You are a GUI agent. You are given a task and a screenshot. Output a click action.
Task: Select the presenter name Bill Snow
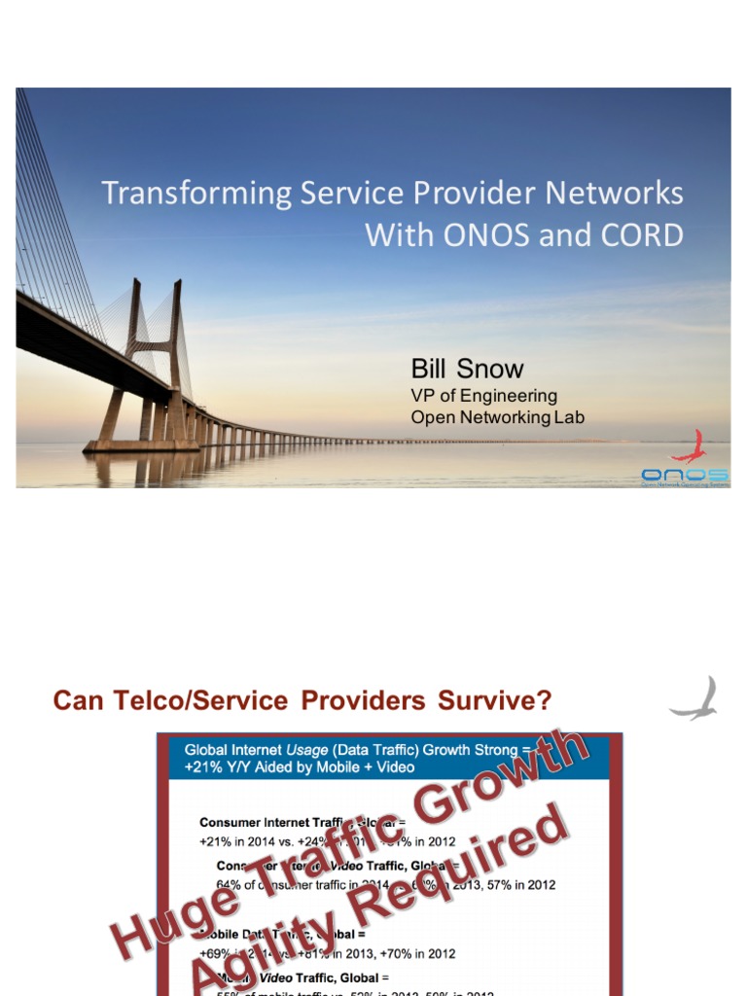[x=467, y=369]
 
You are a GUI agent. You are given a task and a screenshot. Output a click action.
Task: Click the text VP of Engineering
[x=483, y=396]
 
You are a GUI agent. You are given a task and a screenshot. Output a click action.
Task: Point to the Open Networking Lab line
[x=497, y=418]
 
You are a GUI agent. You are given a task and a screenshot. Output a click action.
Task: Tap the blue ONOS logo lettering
[x=685, y=474]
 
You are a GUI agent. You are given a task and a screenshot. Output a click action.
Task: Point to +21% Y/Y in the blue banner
[x=221, y=767]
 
